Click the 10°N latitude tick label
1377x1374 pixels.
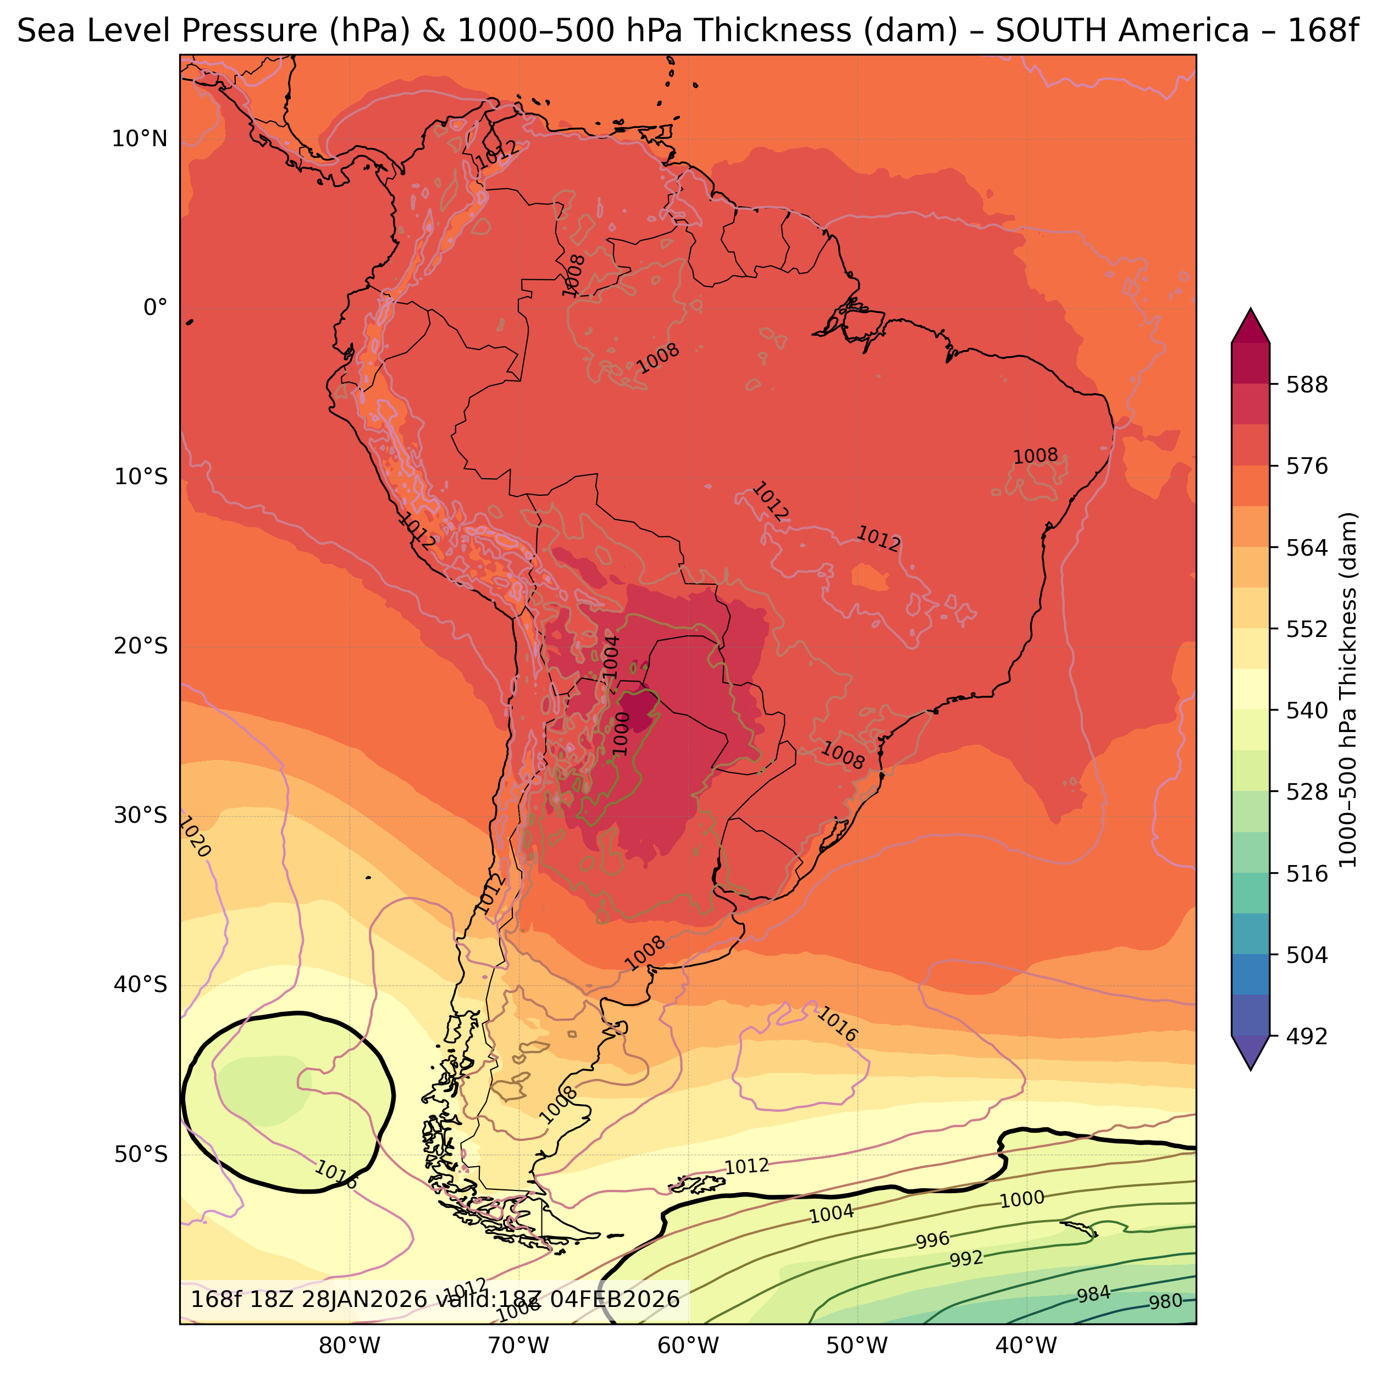[x=139, y=139]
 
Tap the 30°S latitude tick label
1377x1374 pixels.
[x=140, y=815]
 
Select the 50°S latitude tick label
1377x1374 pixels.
[x=140, y=1154]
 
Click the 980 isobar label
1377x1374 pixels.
[x=1165, y=1302]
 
